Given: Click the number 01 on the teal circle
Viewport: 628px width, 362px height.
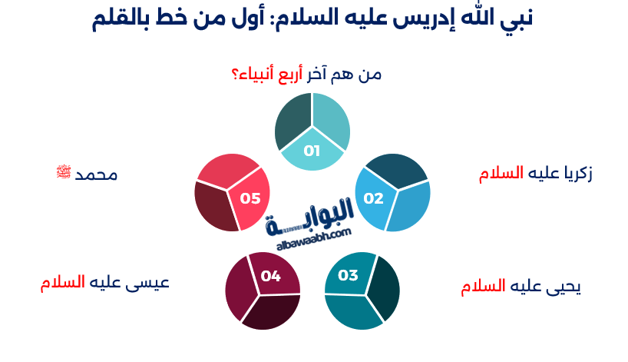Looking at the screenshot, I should (312, 151).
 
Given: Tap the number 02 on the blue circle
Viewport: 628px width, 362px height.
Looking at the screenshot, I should (373, 198).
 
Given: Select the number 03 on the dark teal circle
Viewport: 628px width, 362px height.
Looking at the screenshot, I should (348, 275).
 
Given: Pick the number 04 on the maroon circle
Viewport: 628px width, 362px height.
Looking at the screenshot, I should (271, 275).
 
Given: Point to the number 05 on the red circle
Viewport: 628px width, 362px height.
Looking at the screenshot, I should (250, 198).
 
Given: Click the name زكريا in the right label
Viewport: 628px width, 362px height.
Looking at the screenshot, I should (575, 174).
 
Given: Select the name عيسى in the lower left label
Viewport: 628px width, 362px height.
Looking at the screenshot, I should (150, 282).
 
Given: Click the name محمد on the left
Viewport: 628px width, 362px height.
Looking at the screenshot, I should (96, 174).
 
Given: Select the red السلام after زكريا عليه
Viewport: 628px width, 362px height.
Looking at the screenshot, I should (500, 174).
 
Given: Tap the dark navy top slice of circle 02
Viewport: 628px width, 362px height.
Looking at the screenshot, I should (396, 171).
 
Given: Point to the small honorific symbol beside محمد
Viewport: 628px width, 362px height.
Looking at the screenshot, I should (63, 171).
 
